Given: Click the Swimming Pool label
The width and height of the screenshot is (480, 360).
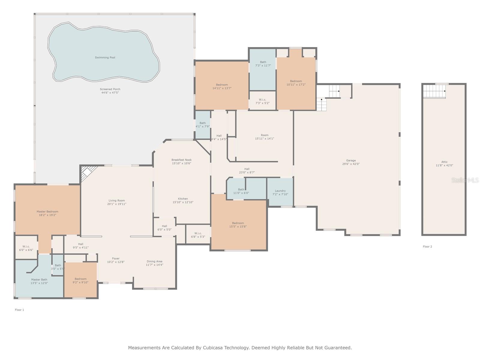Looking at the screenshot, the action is click(x=105, y=58).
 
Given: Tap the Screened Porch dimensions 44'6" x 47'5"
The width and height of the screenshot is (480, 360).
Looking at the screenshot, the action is click(x=110, y=93).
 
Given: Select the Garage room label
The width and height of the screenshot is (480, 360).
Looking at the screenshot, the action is click(x=351, y=160).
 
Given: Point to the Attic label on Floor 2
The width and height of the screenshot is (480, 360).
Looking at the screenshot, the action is click(x=444, y=162).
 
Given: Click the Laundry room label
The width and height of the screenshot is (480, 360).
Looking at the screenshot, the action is click(x=280, y=191).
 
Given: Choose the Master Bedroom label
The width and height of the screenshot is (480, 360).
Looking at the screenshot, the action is click(x=47, y=211).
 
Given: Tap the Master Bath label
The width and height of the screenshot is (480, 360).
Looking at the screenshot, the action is click(x=39, y=280).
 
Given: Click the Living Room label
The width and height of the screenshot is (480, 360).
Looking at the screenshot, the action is click(x=117, y=200).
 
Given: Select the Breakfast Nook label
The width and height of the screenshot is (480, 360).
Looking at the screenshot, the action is click(x=181, y=160).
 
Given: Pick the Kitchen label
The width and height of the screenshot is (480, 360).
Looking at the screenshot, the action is click(x=183, y=199).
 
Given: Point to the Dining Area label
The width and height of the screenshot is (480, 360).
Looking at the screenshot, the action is click(x=154, y=261).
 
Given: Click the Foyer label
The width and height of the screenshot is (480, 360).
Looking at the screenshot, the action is click(x=116, y=258).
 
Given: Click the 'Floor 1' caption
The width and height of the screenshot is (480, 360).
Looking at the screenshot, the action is click(x=19, y=310).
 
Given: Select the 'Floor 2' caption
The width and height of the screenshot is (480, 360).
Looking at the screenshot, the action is click(x=427, y=247).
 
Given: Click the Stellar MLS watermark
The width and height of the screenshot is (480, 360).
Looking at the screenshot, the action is click(x=465, y=180).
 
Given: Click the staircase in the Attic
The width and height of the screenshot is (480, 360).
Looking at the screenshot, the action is click(x=434, y=91).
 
